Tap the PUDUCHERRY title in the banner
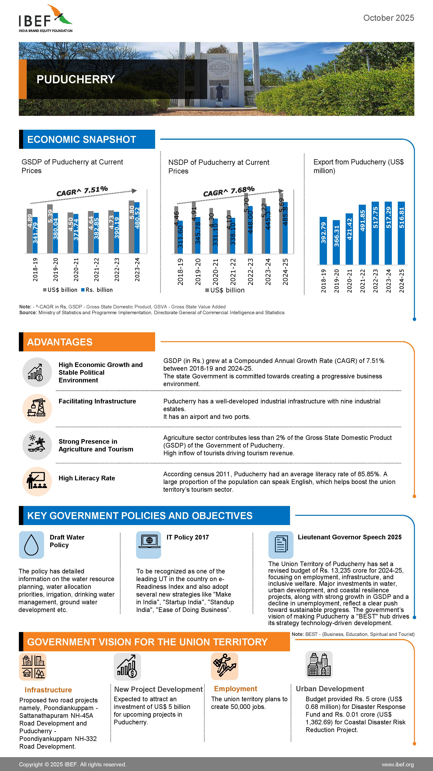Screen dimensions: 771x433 coord(76,79)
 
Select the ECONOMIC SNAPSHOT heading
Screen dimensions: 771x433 coord(82,140)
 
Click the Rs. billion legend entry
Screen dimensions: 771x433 coord(97,290)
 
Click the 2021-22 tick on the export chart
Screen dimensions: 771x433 coord(362,281)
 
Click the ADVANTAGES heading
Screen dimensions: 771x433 coord(60,342)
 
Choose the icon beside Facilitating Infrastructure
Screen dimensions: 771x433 coord(37,409)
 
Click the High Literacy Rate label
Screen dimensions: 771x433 coord(87,478)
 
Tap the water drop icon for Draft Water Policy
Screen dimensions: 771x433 coord(31,545)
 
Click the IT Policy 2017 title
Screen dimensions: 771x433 coord(188,537)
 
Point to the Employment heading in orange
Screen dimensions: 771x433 coord(236,689)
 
